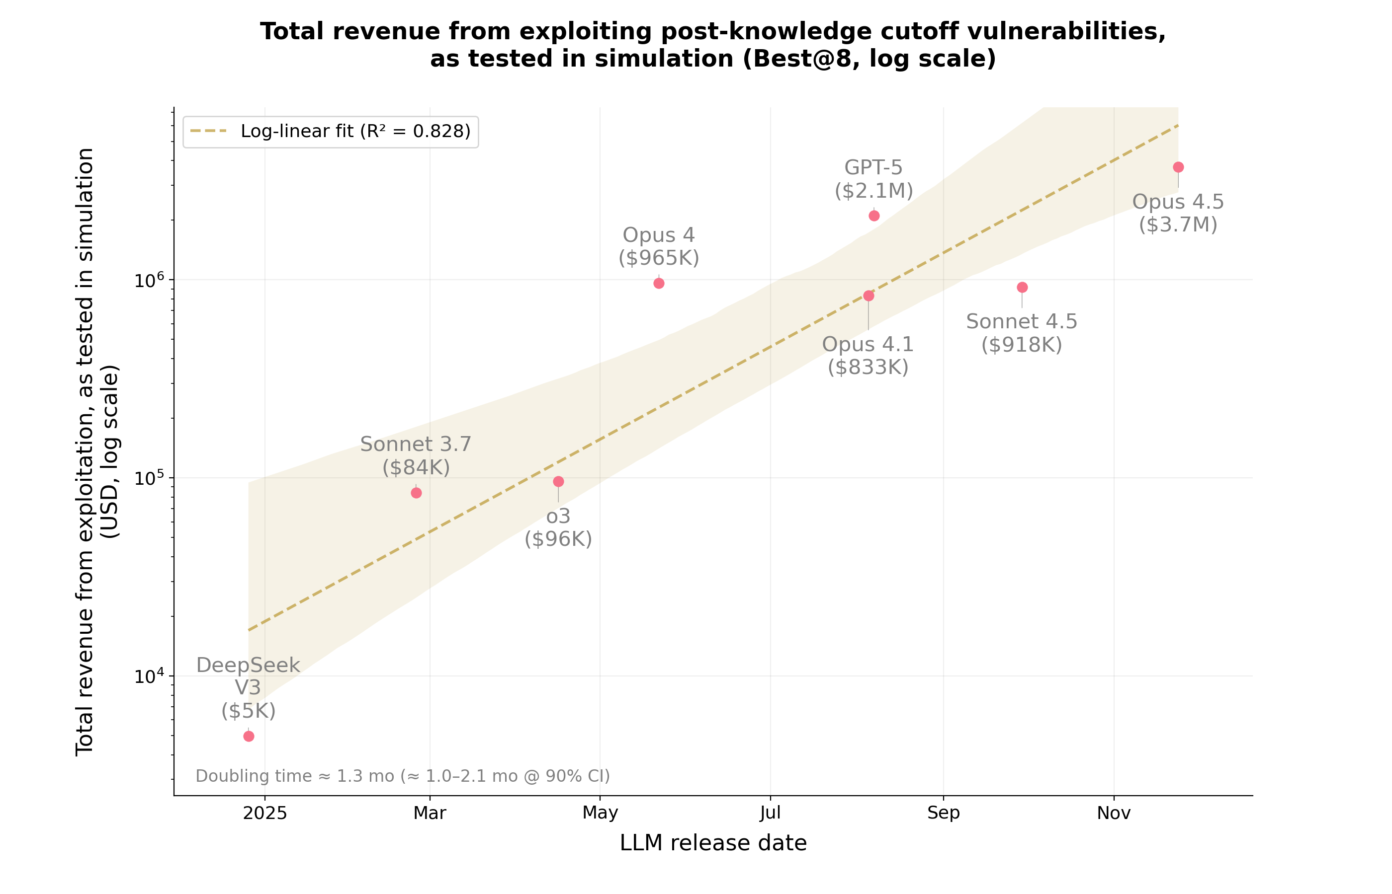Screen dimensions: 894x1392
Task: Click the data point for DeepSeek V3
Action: click(x=249, y=736)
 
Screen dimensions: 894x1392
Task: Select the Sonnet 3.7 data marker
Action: click(x=416, y=493)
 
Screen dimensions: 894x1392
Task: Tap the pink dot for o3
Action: click(x=558, y=481)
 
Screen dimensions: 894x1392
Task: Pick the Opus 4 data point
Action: click(x=659, y=283)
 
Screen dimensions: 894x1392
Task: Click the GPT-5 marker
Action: click(x=874, y=216)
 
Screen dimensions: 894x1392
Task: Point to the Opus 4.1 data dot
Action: click(x=869, y=296)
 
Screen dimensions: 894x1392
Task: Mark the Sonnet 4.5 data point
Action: click(x=1022, y=288)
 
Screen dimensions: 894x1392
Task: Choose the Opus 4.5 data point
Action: click(x=1178, y=167)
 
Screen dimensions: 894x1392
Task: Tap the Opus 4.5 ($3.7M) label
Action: click(x=1178, y=213)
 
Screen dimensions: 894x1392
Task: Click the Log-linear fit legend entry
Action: click(x=331, y=132)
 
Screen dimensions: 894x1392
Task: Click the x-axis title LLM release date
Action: click(x=713, y=843)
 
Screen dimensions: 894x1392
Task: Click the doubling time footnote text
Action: click(x=403, y=776)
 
